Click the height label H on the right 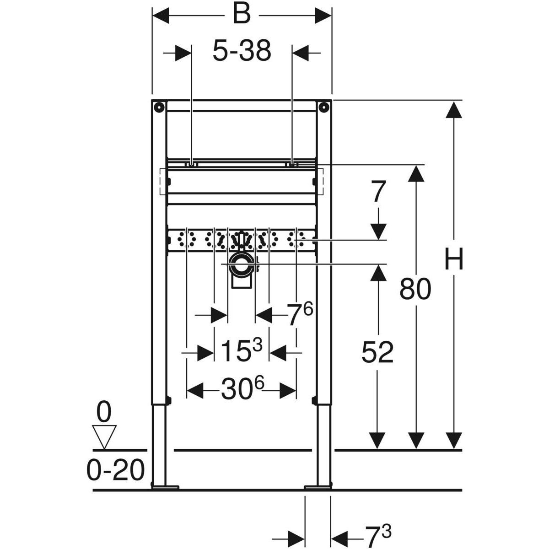pos(454,258)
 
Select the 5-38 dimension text pos(242,51)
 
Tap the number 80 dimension pos(415,290)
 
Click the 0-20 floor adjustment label pos(115,471)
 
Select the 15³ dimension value pos(241,350)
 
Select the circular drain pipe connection pos(242,264)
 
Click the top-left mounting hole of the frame pos(158,107)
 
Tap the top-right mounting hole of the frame pos(323,107)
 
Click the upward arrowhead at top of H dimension pos(453,110)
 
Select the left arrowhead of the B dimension pos(161,15)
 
